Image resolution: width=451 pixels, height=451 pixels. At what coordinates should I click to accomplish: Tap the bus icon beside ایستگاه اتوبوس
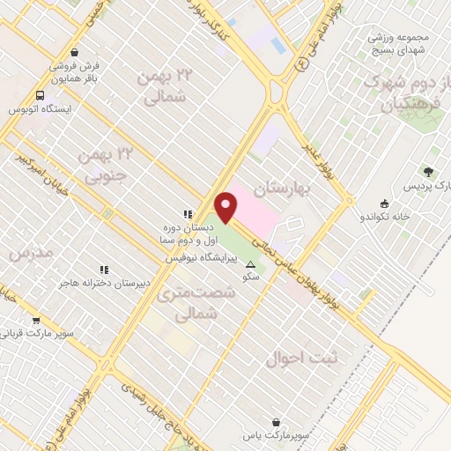pyautogui.click(x=40, y=96)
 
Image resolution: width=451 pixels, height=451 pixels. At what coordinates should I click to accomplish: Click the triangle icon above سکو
pyautogui.click(x=251, y=264)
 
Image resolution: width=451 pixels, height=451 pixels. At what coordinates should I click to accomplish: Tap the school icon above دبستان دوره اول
pyautogui.click(x=187, y=214)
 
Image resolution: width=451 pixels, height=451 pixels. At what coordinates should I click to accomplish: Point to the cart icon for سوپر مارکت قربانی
pyautogui.click(x=36, y=321)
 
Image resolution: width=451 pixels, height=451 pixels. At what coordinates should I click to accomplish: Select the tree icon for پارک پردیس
pyautogui.click(x=429, y=173)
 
